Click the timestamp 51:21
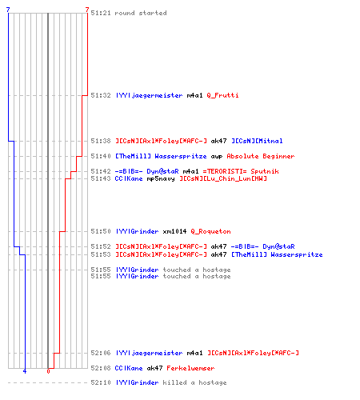[x=101, y=13]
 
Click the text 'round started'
[x=141, y=13]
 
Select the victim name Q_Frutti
[x=222, y=95]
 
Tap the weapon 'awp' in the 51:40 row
[x=217, y=157]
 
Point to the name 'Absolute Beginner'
[x=261, y=156]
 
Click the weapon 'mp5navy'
[x=161, y=178]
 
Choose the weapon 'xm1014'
[x=174, y=231]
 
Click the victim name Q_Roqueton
[x=210, y=231]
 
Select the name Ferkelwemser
[x=190, y=368]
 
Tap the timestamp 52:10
[x=101, y=382]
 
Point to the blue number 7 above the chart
[x=8, y=10]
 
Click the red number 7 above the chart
[x=87, y=10]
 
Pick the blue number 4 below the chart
[x=25, y=371]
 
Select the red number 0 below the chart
[x=48, y=371]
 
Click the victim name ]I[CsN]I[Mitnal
[x=257, y=141]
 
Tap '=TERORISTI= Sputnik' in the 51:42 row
[x=241, y=171]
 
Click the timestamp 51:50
[x=101, y=231]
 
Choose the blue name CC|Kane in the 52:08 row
[x=129, y=368]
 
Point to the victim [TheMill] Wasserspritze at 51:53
[x=277, y=254]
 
